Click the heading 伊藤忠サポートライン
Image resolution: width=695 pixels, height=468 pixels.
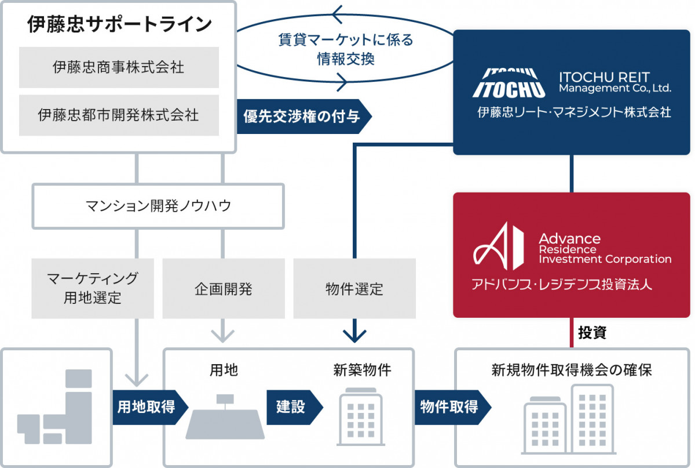click(x=119, y=24)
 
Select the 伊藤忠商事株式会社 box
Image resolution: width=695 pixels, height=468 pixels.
click(x=119, y=67)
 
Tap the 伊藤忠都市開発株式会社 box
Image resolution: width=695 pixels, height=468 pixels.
click(x=119, y=115)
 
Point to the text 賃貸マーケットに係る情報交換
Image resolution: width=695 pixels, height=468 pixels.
click(x=345, y=49)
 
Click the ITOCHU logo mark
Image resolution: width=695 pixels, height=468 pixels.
click(x=509, y=83)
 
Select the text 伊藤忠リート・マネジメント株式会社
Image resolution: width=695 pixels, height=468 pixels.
click(x=574, y=112)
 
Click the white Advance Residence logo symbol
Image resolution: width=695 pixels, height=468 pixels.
click(x=499, y=246)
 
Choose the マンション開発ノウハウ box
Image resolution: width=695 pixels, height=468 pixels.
click(x=158, y=206)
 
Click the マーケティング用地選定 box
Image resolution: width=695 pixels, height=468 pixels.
click(x=93, y=288)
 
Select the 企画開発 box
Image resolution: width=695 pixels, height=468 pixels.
click(x=224, y=288)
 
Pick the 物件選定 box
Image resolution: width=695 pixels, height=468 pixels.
click(x=354, y=288)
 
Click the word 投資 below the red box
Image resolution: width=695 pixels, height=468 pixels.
click(x=592, y=333)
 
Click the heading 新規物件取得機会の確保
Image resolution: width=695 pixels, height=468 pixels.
click(x=572, y=370)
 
